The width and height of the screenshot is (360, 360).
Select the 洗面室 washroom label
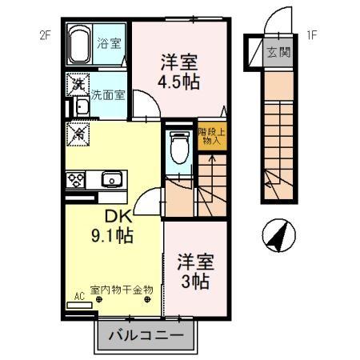107,94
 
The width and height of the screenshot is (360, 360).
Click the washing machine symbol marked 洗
78,83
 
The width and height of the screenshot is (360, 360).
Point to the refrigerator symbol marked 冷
78,133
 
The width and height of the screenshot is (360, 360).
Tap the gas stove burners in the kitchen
77,178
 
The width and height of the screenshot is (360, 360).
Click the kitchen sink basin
111,178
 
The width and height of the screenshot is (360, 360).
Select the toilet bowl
178,147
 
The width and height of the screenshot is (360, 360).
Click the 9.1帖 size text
112,236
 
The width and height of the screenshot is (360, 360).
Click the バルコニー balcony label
146,336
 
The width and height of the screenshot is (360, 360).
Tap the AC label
78,296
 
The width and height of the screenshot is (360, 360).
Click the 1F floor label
311,34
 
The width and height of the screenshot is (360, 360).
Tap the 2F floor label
46,34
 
